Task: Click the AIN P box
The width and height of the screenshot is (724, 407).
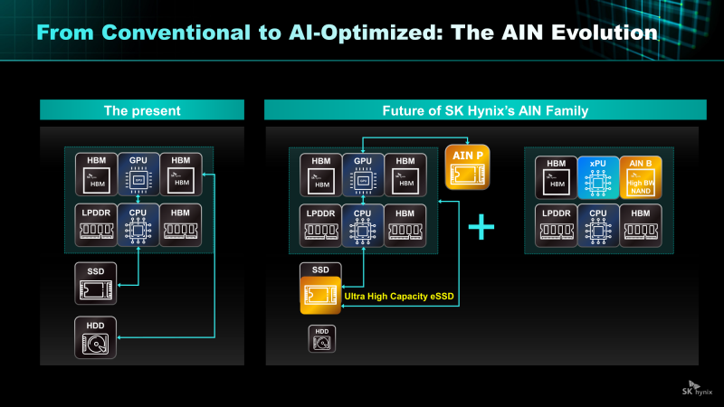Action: coord(468,168)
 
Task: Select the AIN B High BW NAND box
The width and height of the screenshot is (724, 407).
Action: coord(641,178)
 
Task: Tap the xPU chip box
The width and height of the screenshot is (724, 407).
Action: coord(598,178)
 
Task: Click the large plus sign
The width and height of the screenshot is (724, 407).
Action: coord(481,227)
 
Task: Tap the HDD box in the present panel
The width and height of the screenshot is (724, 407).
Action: coord(95,338)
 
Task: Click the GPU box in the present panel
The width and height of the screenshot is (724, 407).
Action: coord(138,175)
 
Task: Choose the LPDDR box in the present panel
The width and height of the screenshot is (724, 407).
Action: coord(95,224)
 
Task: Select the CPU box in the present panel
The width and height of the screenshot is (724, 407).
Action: coord(138,224)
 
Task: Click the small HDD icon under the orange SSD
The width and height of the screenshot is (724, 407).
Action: coord(321,338)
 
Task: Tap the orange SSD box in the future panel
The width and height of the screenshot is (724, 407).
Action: coord(319,289)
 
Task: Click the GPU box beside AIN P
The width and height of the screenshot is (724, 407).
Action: coord(362,175)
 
